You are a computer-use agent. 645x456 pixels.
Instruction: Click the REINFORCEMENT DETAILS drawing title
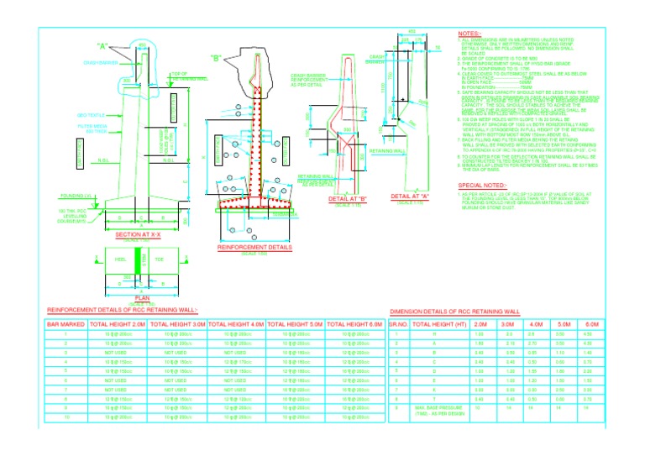coord(254,249)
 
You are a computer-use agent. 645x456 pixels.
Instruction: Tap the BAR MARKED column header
coord(65,323)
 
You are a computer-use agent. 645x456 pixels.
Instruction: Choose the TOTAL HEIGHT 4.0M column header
coord(236,323)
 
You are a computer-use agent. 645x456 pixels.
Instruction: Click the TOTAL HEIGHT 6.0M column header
coord(354,323)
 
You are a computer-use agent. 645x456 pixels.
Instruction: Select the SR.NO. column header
coord(398,323)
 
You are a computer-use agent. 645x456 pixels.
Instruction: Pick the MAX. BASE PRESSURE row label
coord(439,408)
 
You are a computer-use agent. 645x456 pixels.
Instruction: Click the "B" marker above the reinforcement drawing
coord(216,59)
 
